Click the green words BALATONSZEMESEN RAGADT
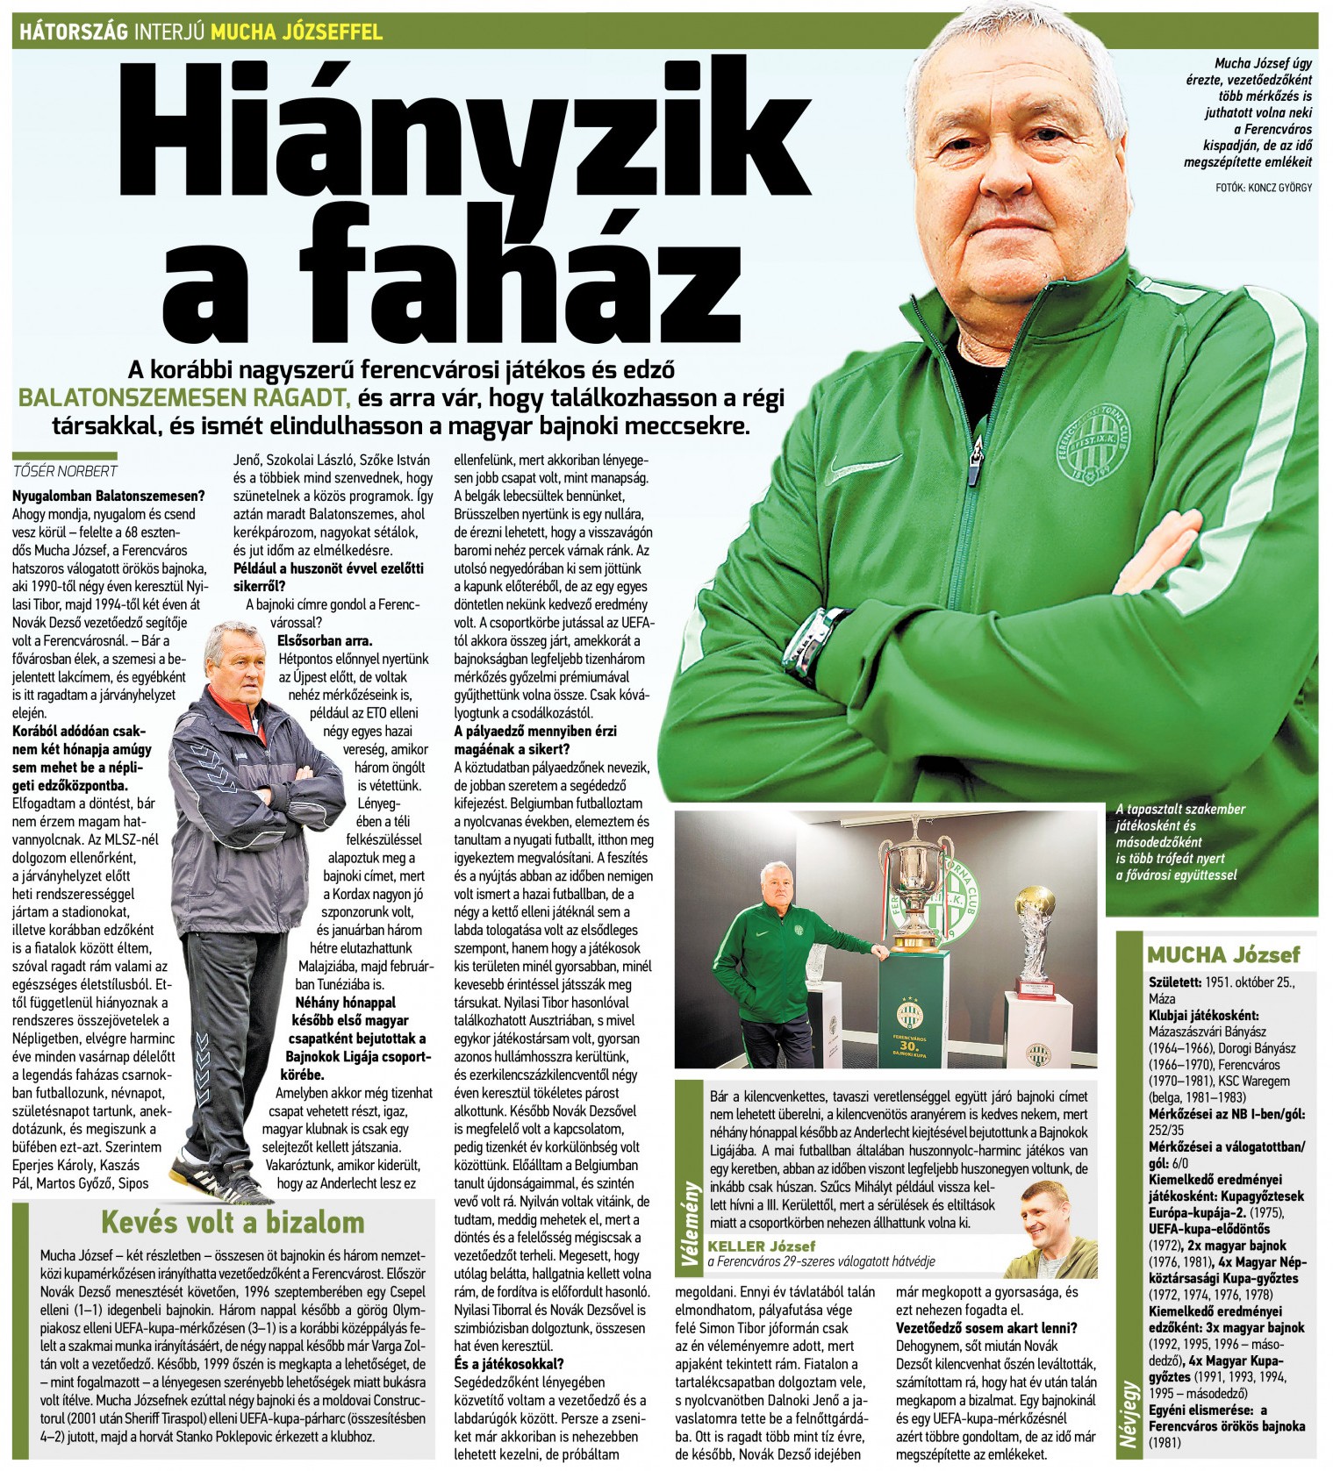[x=184, y=398]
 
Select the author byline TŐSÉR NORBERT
[x=65, y=471]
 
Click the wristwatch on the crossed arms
[x=816, y=645]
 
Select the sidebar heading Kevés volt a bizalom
[x=233, y=1222]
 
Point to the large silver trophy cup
[x=917, y=886]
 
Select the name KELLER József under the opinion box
[x=762, y=1246]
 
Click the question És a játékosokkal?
[x=508, y=1363]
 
